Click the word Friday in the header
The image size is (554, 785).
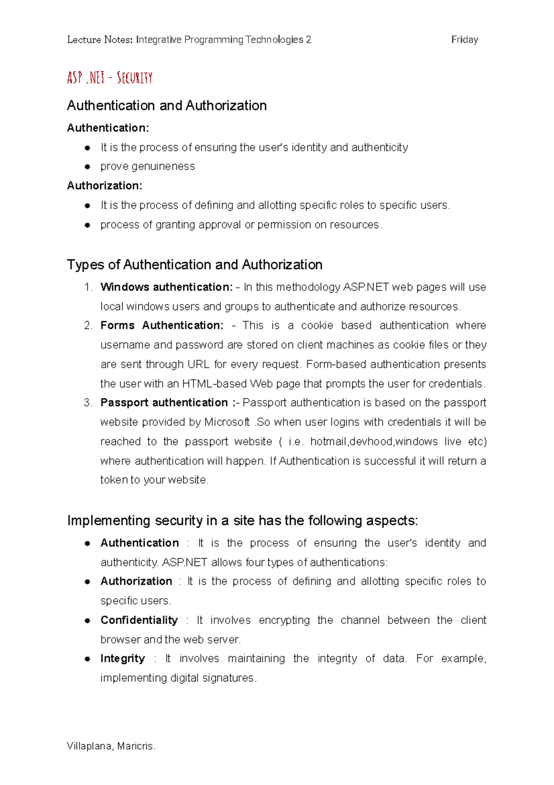(x=464, y=40)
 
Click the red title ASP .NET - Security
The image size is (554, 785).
(x=109, y=78)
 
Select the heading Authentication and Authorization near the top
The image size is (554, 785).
(x=167, y=106)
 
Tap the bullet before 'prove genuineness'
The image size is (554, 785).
(x=87, y=167)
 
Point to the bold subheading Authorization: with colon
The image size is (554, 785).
(x=104, y=186)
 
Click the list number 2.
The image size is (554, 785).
(x=88, y=325)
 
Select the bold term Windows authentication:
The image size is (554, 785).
(x=166, y=287)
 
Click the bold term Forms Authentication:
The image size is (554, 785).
(x=162, y=325)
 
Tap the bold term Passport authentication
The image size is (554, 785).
(x=164, y=403)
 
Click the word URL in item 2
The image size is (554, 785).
(x=198, y=364)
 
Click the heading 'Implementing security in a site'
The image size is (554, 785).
(x=242, y=521)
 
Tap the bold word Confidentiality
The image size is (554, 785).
(x=139, y=620)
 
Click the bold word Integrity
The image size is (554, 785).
(x=122, y=658)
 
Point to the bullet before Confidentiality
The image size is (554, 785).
(x=87, y=621)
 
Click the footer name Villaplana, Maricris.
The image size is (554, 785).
(x=111, y=746)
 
